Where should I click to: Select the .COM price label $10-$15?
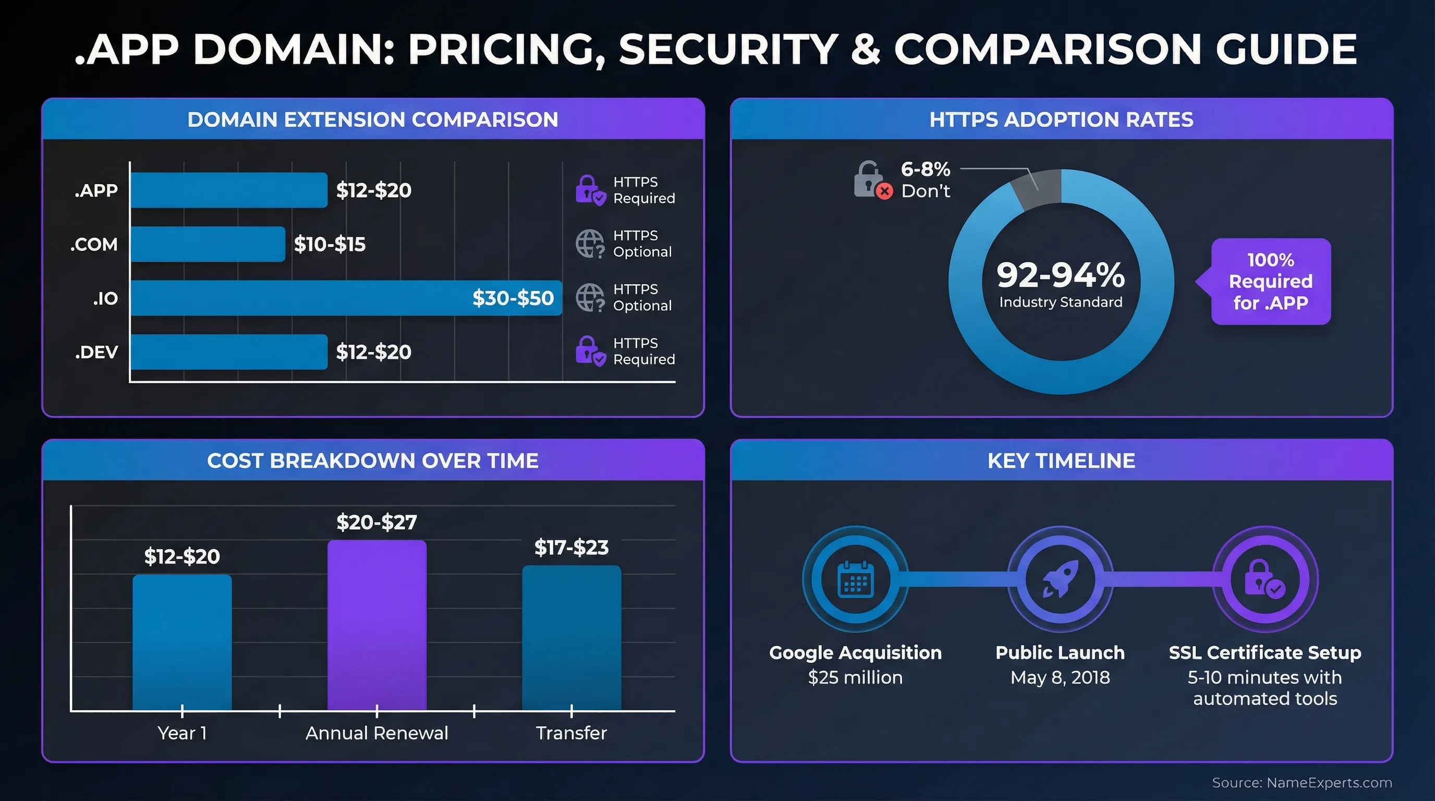point(329,244)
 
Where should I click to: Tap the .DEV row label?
point(96,352)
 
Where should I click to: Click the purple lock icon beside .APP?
point(589,190)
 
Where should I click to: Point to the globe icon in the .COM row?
point(589,244)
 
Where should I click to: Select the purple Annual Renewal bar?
point(376,624)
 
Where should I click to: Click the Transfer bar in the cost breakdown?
point(571,638)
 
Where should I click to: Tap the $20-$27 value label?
point(376,522)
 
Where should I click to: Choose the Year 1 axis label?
point(181,733)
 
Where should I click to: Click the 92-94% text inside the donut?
point(1060,275)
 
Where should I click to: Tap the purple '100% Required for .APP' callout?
point(1270,281)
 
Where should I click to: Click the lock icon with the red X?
point(871,180)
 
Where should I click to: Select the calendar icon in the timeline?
point(856,579)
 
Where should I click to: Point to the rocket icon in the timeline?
point(1060,579)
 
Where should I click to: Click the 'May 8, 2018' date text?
point(1060,677)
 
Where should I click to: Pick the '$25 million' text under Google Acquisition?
point(855,677)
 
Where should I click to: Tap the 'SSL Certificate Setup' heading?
point(1264,652)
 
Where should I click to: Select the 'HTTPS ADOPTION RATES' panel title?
point(1061,119)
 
